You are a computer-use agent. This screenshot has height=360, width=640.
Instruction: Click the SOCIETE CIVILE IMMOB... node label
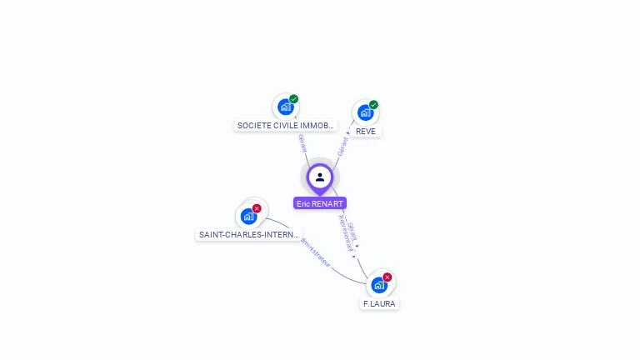point(286,126)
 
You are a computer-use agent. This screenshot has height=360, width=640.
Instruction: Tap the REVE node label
point(365,132)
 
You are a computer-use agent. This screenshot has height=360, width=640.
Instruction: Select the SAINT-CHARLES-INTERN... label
point(248,235)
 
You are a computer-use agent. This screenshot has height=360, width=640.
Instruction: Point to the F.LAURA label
point(379,304)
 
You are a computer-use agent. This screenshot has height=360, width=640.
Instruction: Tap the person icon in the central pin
point(320,177)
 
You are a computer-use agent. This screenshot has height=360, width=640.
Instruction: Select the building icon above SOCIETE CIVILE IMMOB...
point(286,107)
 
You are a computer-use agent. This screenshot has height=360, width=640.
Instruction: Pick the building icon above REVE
point(364,112)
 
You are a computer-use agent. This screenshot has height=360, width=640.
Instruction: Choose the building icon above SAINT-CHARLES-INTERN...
point(247,217)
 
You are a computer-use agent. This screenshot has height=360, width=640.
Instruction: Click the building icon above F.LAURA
point(379,285)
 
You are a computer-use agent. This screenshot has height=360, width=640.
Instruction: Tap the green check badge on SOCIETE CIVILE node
point(294,99)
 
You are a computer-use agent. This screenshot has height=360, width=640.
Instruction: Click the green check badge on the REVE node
point(373,105)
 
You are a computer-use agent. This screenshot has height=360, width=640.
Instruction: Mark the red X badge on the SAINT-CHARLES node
point(257,208)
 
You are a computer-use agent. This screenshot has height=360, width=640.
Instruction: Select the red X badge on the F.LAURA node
point(387,277)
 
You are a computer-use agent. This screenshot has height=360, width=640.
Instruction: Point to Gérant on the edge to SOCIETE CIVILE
point(302,142)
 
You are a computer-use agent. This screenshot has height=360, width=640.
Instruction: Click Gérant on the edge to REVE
point(342,146)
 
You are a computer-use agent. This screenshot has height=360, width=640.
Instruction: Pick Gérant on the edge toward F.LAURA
point(353,231)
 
